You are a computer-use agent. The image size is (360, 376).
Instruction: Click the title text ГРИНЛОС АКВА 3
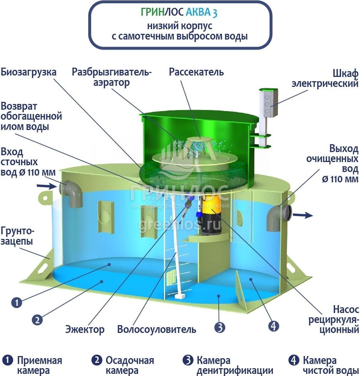pos(179,12)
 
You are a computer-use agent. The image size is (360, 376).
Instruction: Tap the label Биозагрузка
pos(28,72)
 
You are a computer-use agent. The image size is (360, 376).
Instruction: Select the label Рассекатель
pos(196,72)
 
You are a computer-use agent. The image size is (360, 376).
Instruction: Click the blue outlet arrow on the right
pos(303,215)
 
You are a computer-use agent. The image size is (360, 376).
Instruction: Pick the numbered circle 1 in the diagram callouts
pos(17,302)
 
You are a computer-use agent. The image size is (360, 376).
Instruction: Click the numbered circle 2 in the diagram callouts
pos(37,320)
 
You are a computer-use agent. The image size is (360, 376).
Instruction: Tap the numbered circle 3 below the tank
pos(219,327)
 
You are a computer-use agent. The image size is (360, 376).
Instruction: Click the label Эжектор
pos(85,329)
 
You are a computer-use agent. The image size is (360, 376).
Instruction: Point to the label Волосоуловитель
pos(157,329)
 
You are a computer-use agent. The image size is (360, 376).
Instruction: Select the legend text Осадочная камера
pos(130,365)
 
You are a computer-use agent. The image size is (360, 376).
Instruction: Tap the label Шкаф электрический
pos(325,79)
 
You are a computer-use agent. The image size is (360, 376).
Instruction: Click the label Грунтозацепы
pos(17,236)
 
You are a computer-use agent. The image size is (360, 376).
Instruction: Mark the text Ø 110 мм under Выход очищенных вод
pos(340,179)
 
